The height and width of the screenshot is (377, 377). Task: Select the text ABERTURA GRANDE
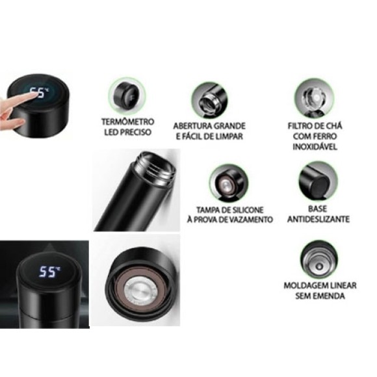209,125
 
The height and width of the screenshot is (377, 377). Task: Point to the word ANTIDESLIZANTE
318,219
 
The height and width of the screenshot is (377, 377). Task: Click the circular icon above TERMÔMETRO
127,96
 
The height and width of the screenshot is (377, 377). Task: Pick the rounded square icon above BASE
317,179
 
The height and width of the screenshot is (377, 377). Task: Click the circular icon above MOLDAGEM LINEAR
318,259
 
